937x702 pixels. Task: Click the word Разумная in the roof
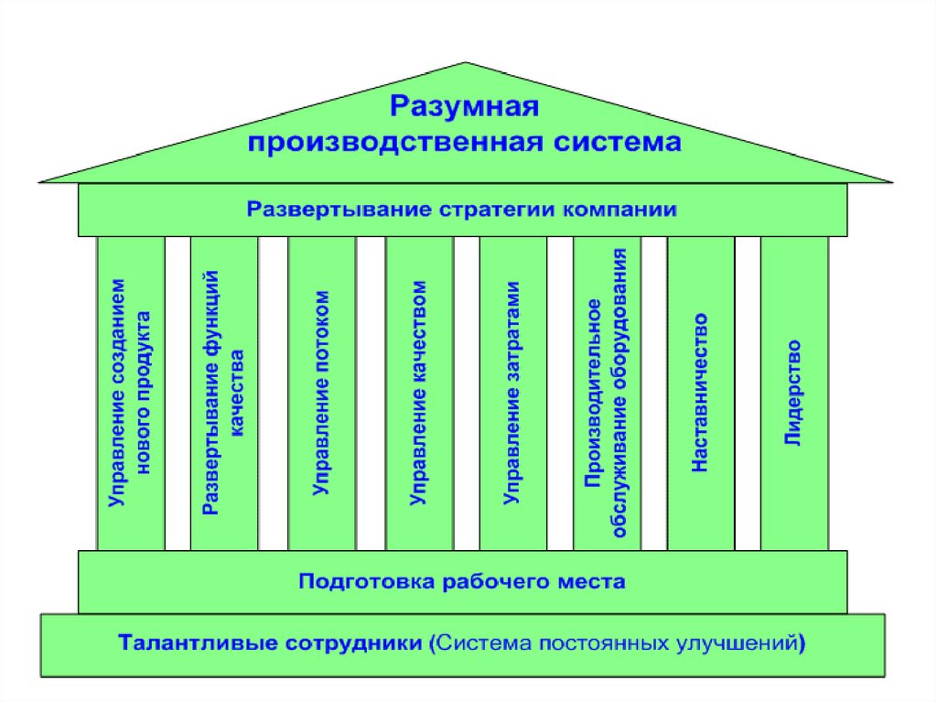(x=465, y=106)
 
